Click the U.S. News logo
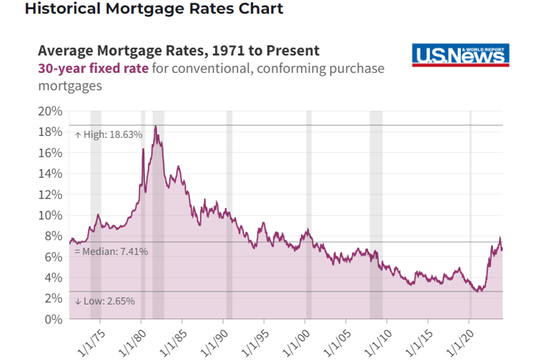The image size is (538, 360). pyautogui.click(x=460, y=55)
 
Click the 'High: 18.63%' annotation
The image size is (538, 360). pyautogui.click(x=109, y=134)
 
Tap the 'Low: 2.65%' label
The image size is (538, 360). pyautogui.click(x=104, y=300)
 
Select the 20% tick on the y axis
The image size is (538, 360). pyautogui.click(x=51, y=111)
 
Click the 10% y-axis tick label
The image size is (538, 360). pyautogui.click(x=51, y=215)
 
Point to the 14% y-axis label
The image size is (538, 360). pyautogui.click(x=51, y=174)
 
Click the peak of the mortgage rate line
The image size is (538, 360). pyautogui.click(x=155, y=126)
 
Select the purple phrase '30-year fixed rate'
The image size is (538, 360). pyautogui.click(x=92, y=69)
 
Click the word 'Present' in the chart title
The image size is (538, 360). pyautogui.click(x=294, y=50)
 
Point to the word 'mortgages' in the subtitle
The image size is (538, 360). pyautogui.click(x=70, y=86)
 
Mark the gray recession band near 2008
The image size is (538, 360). pyautogui.click(x=376, y=210)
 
